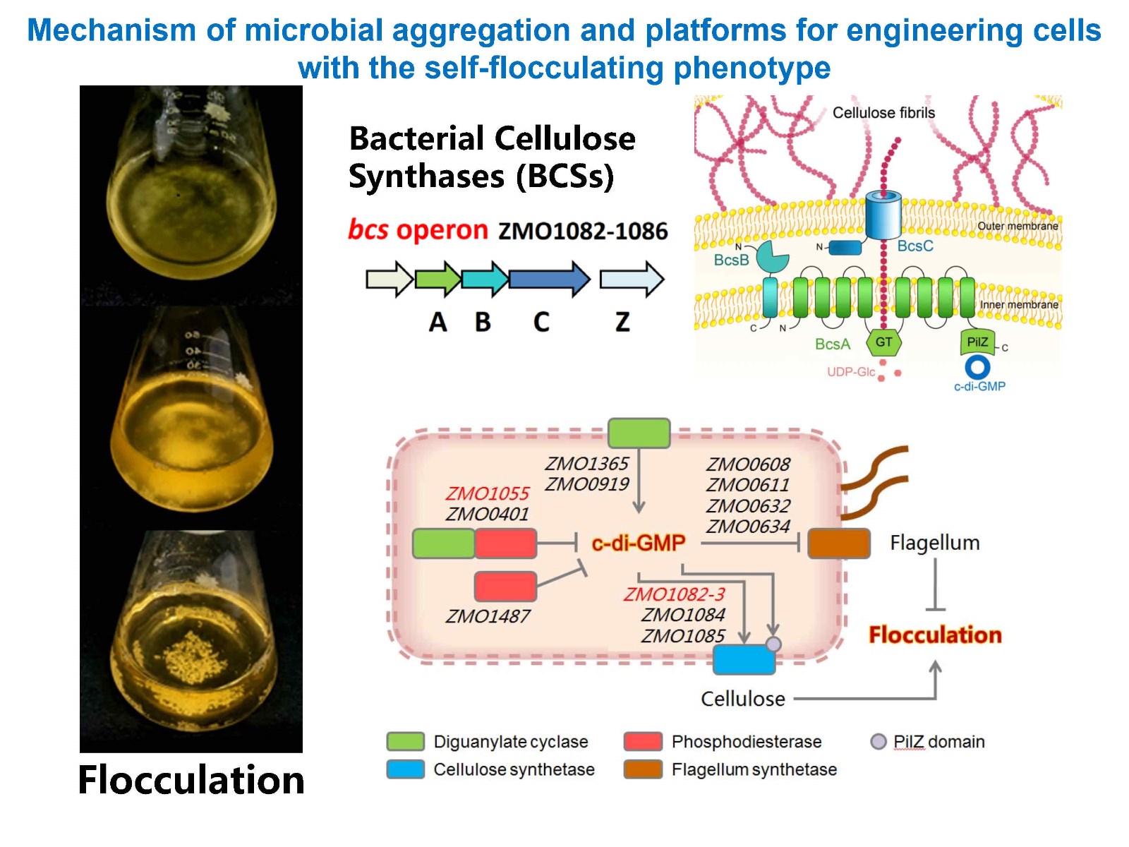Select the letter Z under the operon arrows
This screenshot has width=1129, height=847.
pyautogui.click(x=622, y=322)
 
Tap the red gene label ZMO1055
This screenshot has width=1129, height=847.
pyautogui.click(x=487, y=493)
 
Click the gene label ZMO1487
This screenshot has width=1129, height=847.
pyautogui.click(x=488, y=616)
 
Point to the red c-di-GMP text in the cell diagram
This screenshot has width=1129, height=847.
pyautogui.click(x=639, y=543)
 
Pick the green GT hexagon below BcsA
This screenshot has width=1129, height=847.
pyautogui.click(x=883, y=342)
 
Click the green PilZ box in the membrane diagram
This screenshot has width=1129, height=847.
pyautogui.click(x=977, y=342)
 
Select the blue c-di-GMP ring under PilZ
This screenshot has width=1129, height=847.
pyautogui.click(x=977, y=367)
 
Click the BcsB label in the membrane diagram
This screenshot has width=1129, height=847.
pyautogui.click(x=731, y=260)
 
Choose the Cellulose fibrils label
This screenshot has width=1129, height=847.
pyautogui.click(x=883, y=113)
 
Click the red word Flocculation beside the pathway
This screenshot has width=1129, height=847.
pyautogui.click(x=935, y=635)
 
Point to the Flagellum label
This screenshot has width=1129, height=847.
pyautogui.click(x=935, y=543)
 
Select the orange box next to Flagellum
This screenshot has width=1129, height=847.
pyautogui.click(x=839, y=543)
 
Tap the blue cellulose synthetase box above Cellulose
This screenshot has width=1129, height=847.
pyautogui.click(x=744, y=660)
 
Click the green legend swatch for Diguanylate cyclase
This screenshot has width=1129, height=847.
pyautogui.click(x=406, y=742)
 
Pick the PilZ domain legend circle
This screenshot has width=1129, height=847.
pyautogui.click(x=879, y=742)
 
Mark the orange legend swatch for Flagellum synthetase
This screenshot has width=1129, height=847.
pyautogui.click(x=643, y=769)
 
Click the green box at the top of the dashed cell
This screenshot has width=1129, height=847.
pyautogui.click(x=639, y=433)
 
